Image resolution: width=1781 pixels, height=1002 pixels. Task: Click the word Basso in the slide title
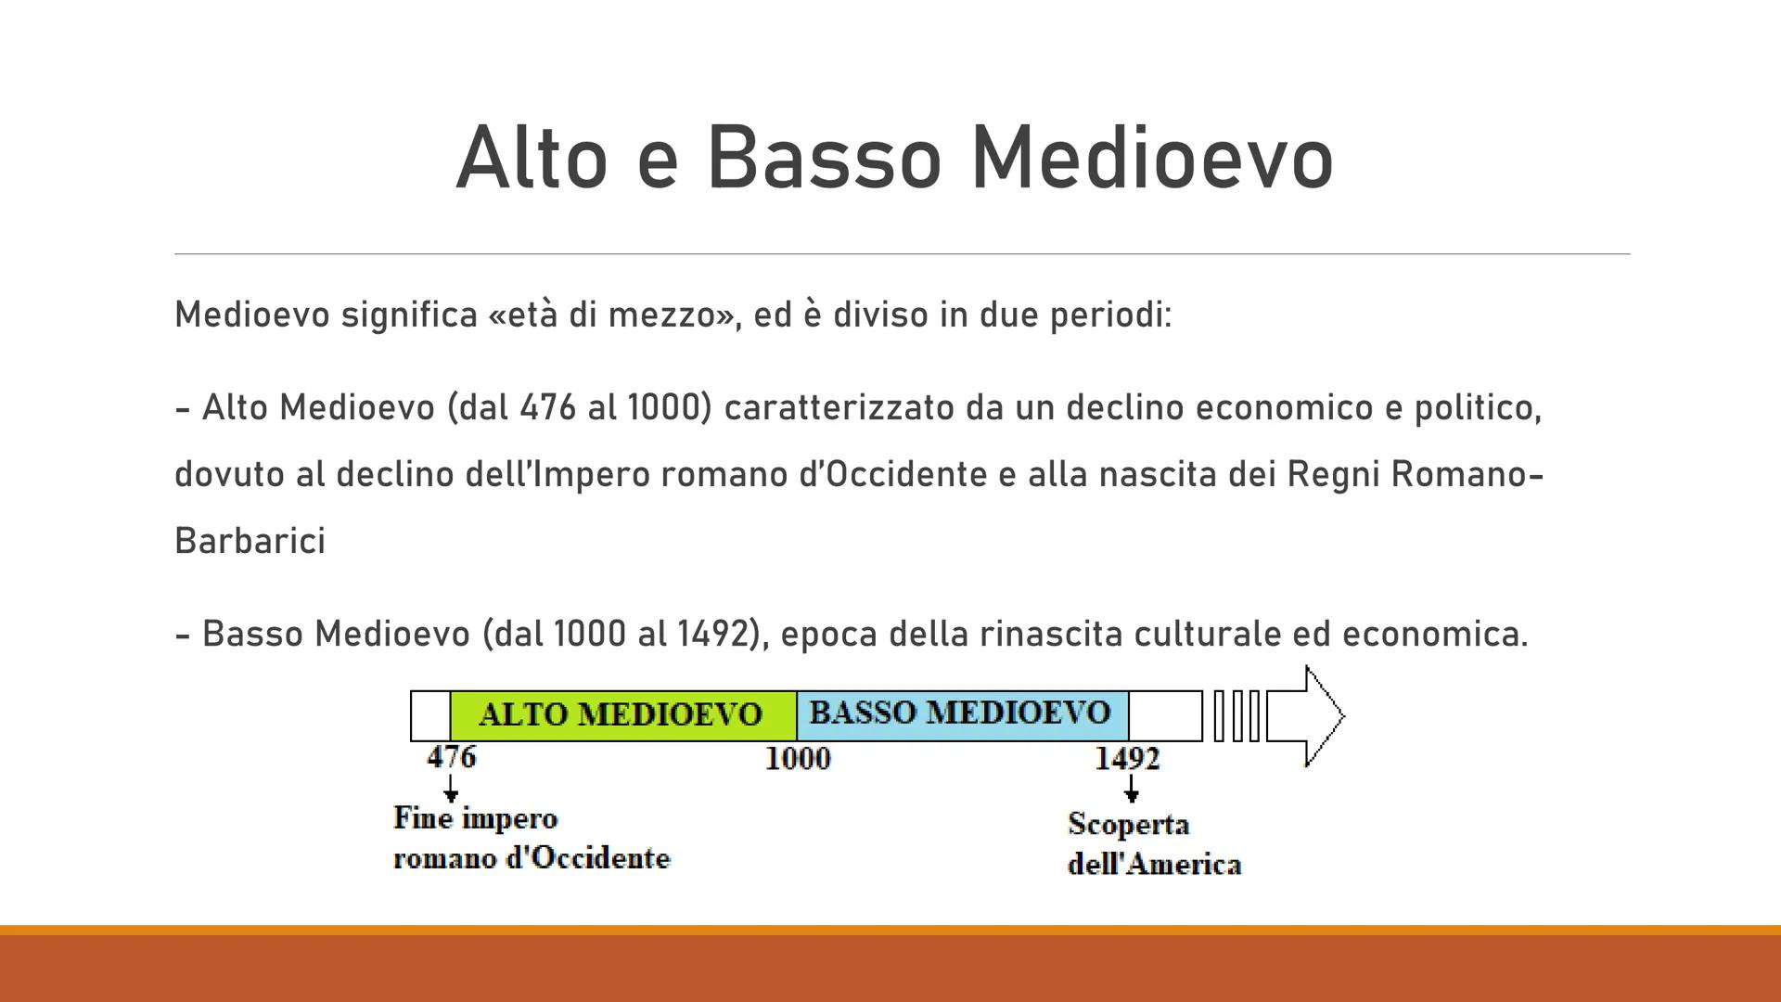[x=824, y=159]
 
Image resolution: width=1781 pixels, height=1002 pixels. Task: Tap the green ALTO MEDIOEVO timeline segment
[x=621, y=714]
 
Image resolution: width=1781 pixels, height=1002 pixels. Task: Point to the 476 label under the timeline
[x=452, y=757]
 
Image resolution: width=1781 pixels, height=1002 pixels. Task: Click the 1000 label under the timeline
[x=798, y=759]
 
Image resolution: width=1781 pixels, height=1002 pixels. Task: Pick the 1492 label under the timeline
[x=1127, y=759]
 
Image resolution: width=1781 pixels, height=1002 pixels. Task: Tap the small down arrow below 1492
[x=1131, y=790]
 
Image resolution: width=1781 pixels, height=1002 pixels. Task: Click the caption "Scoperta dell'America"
[x=1154, y=844]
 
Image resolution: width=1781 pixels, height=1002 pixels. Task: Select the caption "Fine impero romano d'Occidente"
[x=531, y=838]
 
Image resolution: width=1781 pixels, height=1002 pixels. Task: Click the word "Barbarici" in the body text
[x=250, y=541]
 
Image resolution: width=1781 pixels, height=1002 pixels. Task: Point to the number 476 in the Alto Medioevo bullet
[x=548, y=407]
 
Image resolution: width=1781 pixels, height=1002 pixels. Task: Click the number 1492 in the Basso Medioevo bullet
[x=712, y=634]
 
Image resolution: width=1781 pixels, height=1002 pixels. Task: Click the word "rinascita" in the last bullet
[x=1051, y=634]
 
